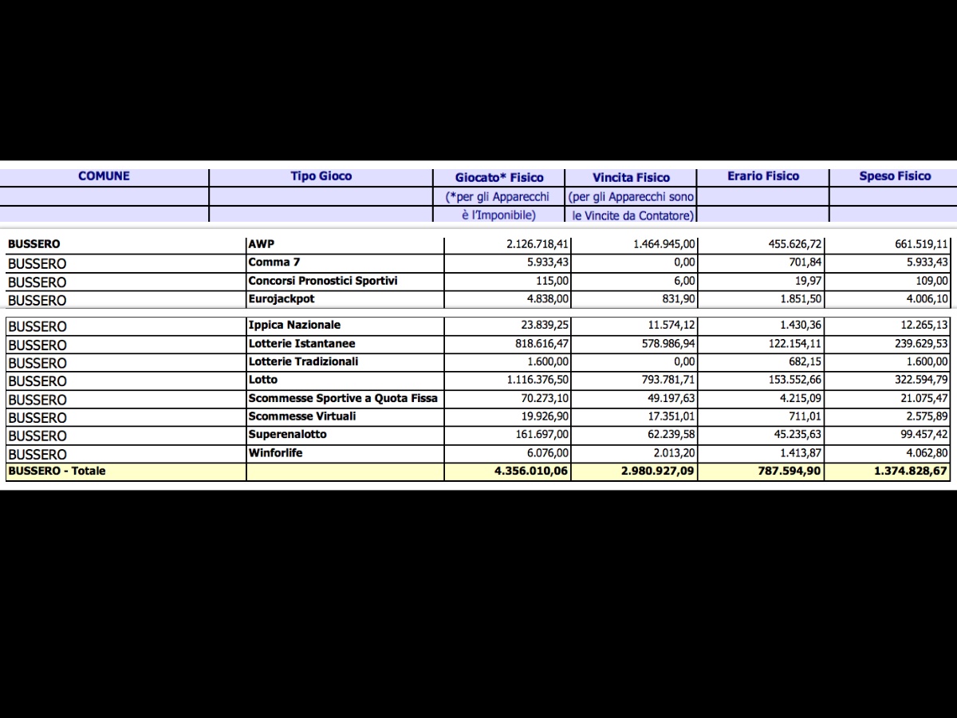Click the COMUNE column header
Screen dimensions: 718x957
point(104,176)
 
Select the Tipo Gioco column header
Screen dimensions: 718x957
point(321,176)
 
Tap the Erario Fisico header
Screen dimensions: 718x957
point(762,176)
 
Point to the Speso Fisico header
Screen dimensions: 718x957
point(895,176)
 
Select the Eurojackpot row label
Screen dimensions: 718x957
point(282,299)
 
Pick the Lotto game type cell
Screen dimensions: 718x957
point(263,380)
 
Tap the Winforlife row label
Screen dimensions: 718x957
point(275,453)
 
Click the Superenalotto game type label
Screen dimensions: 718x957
point(287,435)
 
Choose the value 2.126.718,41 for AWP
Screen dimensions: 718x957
point(538,244)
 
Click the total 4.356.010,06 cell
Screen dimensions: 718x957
point(531,471)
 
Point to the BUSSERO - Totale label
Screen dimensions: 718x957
point(57,471)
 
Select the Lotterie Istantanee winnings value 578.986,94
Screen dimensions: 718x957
point(664,344)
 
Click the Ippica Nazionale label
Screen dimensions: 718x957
point(294,325)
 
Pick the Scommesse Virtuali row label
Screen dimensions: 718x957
point(302,416)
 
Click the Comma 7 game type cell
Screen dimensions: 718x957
point(274,262)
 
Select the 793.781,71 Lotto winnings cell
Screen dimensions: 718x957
point(664,380)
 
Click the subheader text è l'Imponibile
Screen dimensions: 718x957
point(498,215)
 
